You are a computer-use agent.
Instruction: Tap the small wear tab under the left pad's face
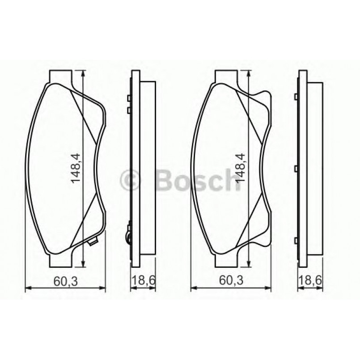pyautogui.click(x=92, y=243)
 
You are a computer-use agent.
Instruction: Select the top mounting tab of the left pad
pyautogui.click(x=60, y=76)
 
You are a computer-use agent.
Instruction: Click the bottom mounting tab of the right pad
pyautogui.click(x=226, y=260)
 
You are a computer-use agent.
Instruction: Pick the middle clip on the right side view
pyautogui.click(x=296, y=169)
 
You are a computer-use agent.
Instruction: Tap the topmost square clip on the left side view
pyautogui.click(x=129, y=98)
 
